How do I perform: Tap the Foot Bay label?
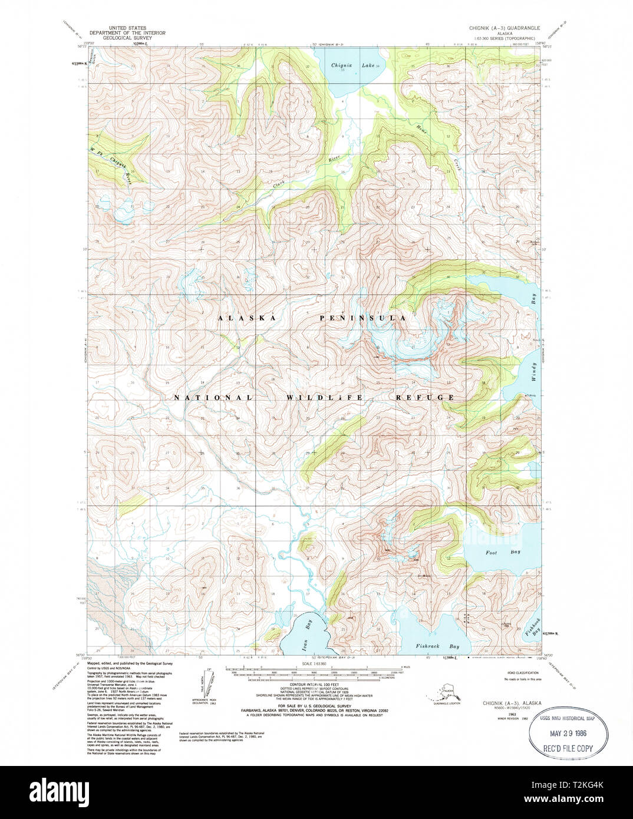coord(494,552)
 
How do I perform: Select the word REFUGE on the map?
coord(425,398)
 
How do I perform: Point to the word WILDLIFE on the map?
coord(325,398)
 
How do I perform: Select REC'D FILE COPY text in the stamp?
coord(568,748)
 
